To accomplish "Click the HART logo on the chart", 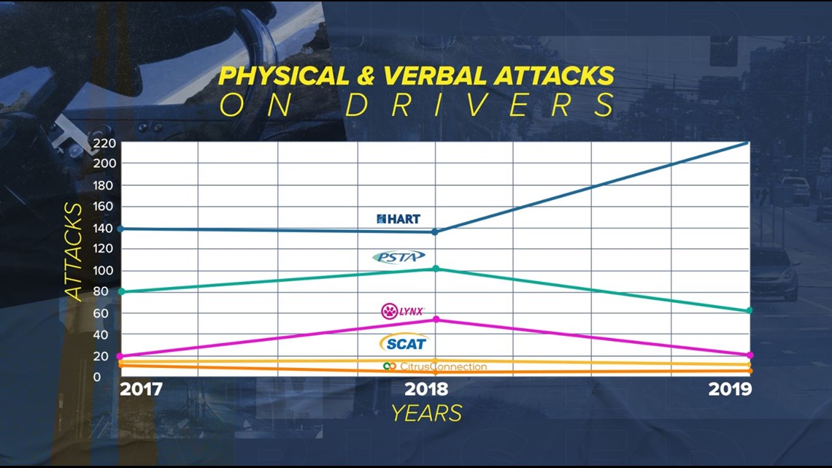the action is pos(398,218).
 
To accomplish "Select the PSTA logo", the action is pos(398,257).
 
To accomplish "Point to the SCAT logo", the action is pos(404,343).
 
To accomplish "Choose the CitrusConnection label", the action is pos(434,367).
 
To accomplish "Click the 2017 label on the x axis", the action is pos(141,389).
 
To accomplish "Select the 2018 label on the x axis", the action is pos(426,389).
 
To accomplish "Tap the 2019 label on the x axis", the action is pos(730,389).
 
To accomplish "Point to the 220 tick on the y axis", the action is pos(104,143).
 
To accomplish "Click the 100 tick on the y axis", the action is pos(104,271).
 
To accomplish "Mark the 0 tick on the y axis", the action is pos(97,377).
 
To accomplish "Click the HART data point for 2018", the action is pos(435,232).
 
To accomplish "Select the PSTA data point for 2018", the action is pos(436,269).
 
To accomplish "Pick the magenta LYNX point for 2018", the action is pos(436,319).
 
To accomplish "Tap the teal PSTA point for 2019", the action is pos(750,310).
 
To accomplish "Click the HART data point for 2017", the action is pos(121,229).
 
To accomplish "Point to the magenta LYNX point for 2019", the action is pos(750,355).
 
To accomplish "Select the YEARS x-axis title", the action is pos(427,413).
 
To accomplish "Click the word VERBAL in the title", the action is pos(434,76).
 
